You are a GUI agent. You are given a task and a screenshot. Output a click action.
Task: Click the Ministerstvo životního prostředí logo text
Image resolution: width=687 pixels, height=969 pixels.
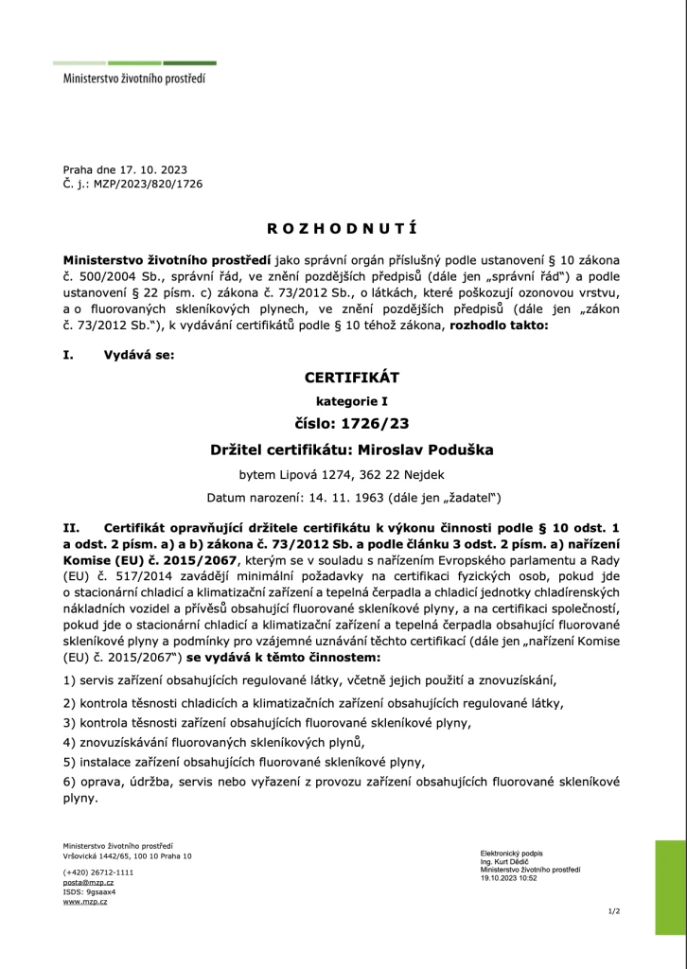point(133,81)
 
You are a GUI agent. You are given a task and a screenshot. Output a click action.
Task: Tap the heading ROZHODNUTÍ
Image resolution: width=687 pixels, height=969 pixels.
point(343,228)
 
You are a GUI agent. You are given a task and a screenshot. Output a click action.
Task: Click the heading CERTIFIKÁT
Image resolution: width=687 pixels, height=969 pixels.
point(343,377)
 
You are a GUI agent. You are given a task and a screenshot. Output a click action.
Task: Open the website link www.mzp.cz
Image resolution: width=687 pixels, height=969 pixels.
point(85,902)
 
